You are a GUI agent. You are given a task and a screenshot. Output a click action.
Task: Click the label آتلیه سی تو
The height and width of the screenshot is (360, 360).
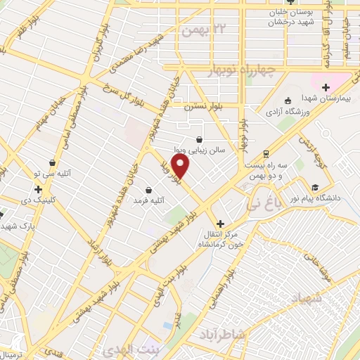click(x=53, y=175)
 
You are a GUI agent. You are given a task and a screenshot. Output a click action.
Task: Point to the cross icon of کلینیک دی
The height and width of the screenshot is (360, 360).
click(x=38, y=189)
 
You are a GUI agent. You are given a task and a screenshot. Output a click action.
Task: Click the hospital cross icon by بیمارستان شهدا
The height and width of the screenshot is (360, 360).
click(x=325, y=86)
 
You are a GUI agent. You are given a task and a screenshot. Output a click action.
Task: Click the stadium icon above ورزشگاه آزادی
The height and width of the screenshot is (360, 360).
click(x=287, y=100)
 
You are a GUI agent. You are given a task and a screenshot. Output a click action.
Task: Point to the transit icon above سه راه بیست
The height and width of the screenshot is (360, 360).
click(x=266, y=153)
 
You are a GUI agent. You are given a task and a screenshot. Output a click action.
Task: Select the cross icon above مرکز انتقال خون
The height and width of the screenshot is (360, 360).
click(x=220, y=222)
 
